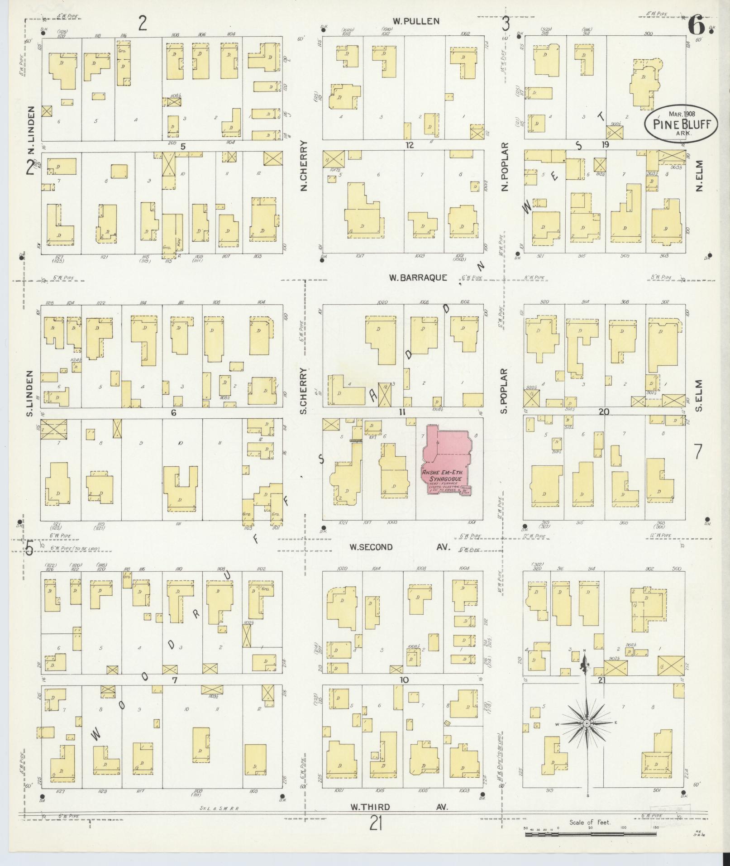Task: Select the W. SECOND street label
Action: [371, 547]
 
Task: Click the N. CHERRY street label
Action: [304, 165]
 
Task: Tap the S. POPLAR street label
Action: [504, 391]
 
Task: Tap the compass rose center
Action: [587, 723]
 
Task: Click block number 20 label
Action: [603, 411]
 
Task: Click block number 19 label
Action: [605, 145]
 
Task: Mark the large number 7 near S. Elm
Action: [698, 452]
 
